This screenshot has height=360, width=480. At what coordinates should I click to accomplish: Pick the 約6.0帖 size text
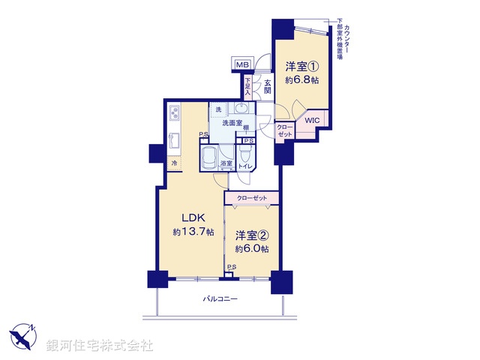tap(251, 248)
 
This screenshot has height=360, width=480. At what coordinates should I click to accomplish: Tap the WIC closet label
tap(311, 119)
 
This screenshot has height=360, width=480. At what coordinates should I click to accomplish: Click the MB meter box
tap(243, 66)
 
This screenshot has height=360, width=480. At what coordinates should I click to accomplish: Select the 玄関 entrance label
tap(266, 82)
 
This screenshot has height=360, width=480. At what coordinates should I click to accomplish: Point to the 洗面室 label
tap(233, 122)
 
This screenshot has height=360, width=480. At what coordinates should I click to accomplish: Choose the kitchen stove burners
tap(175, 114)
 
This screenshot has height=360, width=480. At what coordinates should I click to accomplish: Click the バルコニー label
tap(220, 299)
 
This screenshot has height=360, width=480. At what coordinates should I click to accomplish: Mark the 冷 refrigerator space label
tap(173, 163)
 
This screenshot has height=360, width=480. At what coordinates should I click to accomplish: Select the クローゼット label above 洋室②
tap(251, 198)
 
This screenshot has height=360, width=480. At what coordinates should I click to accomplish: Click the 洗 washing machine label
tap(218, 111)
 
